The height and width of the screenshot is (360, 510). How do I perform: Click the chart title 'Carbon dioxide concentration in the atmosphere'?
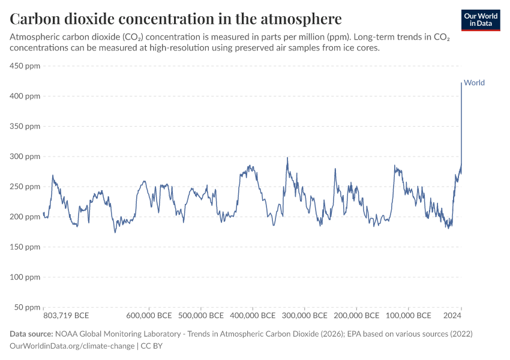[x=176, y=18]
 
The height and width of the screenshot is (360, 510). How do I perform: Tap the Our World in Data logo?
[x=480, y=20]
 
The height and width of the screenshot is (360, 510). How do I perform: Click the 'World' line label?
[x=474, y=83]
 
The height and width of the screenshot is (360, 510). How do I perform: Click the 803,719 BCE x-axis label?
[x=67, y=316]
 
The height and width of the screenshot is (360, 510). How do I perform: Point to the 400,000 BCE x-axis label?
[x=252, y=316]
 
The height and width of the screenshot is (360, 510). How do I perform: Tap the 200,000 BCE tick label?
[x=356, y=316]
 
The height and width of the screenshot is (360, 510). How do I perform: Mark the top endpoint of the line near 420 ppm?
[x=461, y=83]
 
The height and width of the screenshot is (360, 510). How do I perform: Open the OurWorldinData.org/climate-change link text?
[x=72, y=346]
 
